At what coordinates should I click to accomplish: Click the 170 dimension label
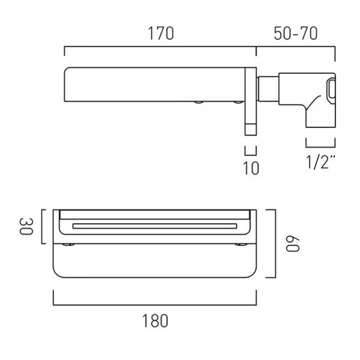[x=161, y=34]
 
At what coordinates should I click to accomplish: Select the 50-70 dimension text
[x=296, y=34]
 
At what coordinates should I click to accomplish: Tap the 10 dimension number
[x=251, y=168]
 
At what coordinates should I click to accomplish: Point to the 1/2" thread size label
[x=321, y=162]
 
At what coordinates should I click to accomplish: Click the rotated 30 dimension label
[x=26, y=226]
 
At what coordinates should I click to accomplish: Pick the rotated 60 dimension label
[x=293, y=244]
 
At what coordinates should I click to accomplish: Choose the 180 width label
[x=155, y=321]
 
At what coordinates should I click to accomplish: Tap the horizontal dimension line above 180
[x=155, y=305]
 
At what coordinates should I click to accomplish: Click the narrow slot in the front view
[x=155, y=226]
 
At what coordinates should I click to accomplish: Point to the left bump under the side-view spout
[x=199, y=102]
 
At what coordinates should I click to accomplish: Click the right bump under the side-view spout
[x=238, y=102]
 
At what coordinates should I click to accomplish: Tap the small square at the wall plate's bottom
[x=250, y=130]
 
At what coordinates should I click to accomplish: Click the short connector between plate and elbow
[x=268, y=89]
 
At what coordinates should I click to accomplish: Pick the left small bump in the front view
[x=68, y=245]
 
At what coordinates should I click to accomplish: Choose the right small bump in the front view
[x=241, y=245]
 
